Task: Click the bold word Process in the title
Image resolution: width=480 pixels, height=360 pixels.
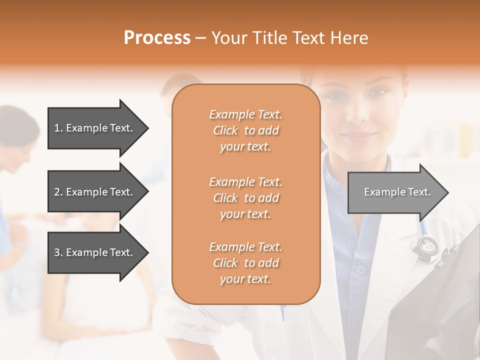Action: pyautogui.click(x=157, y=38)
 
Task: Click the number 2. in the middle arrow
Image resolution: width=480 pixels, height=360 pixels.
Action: pyautogui.click(x=58, y=192)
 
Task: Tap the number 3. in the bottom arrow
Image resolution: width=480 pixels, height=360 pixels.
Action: pyautogui.click(x=58, y=252)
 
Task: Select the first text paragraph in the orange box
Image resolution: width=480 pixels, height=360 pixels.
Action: pyautogui.click(x=245, y=130)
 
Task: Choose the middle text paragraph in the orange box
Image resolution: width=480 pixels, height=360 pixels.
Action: pyautogui.click(x=245, y=198)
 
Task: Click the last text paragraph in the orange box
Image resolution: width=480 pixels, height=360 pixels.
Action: pyautogui.click(x=245, y=263)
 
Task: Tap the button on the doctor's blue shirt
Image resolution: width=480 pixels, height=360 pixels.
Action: pyautogui.click(x=361, y=270)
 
